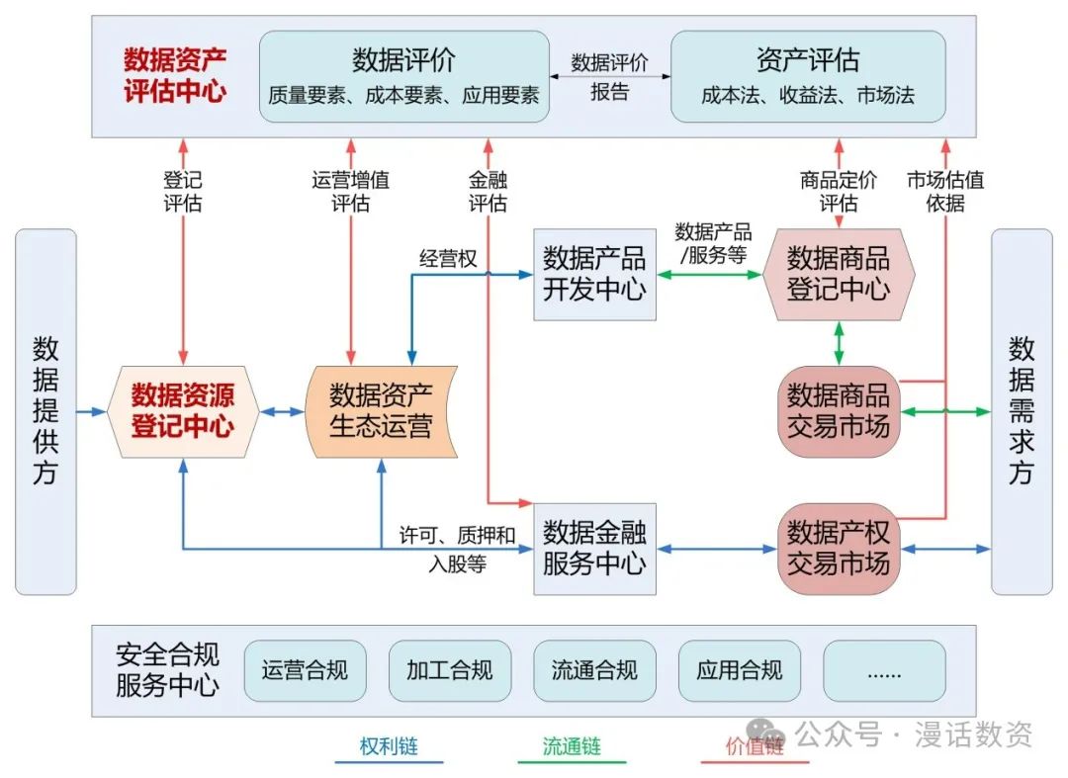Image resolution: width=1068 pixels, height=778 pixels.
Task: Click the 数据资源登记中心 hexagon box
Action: click(183, 411)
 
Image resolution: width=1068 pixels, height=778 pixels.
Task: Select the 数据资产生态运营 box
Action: click(381, 411)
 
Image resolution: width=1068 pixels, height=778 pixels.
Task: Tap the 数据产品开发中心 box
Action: click(594, 274)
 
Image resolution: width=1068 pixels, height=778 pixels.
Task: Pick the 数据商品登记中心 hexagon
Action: click(839, 274)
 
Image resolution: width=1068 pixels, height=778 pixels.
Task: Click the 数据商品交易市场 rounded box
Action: click(839, 411)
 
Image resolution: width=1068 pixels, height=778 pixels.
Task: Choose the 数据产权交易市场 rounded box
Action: click(839, 549)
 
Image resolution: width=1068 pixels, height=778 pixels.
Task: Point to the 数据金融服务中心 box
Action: click(594, 549)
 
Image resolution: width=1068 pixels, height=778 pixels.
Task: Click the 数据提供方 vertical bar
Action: click(45, 411)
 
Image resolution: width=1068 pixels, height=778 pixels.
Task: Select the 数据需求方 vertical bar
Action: click(1022, 411)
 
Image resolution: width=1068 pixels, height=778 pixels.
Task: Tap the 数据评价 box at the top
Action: click(403, 76)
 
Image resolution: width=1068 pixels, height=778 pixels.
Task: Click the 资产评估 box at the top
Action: click(808, 76)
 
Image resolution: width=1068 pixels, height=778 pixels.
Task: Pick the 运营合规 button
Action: click(305, 670)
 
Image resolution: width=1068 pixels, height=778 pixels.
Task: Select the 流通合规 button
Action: click(594, 670)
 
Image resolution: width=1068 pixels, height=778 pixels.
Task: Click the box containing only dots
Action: click(884, 670)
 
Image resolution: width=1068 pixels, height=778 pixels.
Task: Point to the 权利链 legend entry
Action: click(389, 747)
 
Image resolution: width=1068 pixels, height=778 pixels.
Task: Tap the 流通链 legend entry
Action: click(572, 747)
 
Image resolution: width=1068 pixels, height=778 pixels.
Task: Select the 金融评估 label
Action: click(489, 192)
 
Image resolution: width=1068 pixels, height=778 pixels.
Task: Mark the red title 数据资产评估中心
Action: click(175, 76)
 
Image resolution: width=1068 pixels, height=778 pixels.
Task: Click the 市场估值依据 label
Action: click(945, 192)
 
